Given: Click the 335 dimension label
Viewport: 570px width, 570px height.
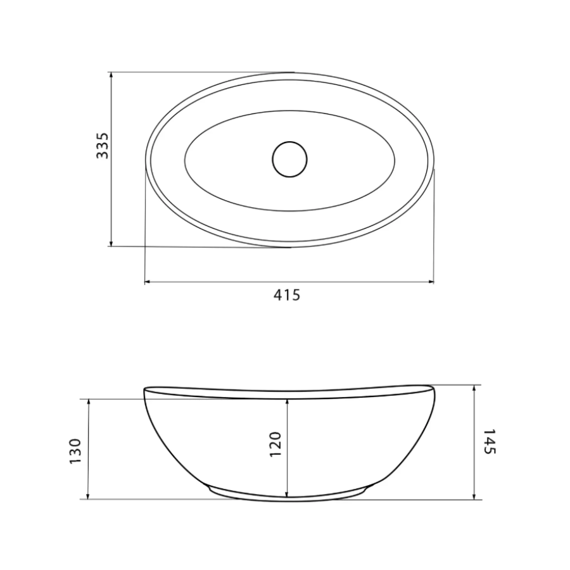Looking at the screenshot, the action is coord(102,146).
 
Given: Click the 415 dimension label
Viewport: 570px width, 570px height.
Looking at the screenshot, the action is coord(287,294).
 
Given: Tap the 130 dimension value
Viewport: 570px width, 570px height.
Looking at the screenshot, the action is coord(75,451).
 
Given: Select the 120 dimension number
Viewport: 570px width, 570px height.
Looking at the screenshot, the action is coord(275,444).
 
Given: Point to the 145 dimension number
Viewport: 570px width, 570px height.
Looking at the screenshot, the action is coord(490,441).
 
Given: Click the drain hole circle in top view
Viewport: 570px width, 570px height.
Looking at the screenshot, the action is coord(289,159).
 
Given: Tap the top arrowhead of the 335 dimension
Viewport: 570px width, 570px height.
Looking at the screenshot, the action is coord(111,75).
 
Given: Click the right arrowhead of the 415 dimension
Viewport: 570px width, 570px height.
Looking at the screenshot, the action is coord(431,281).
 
